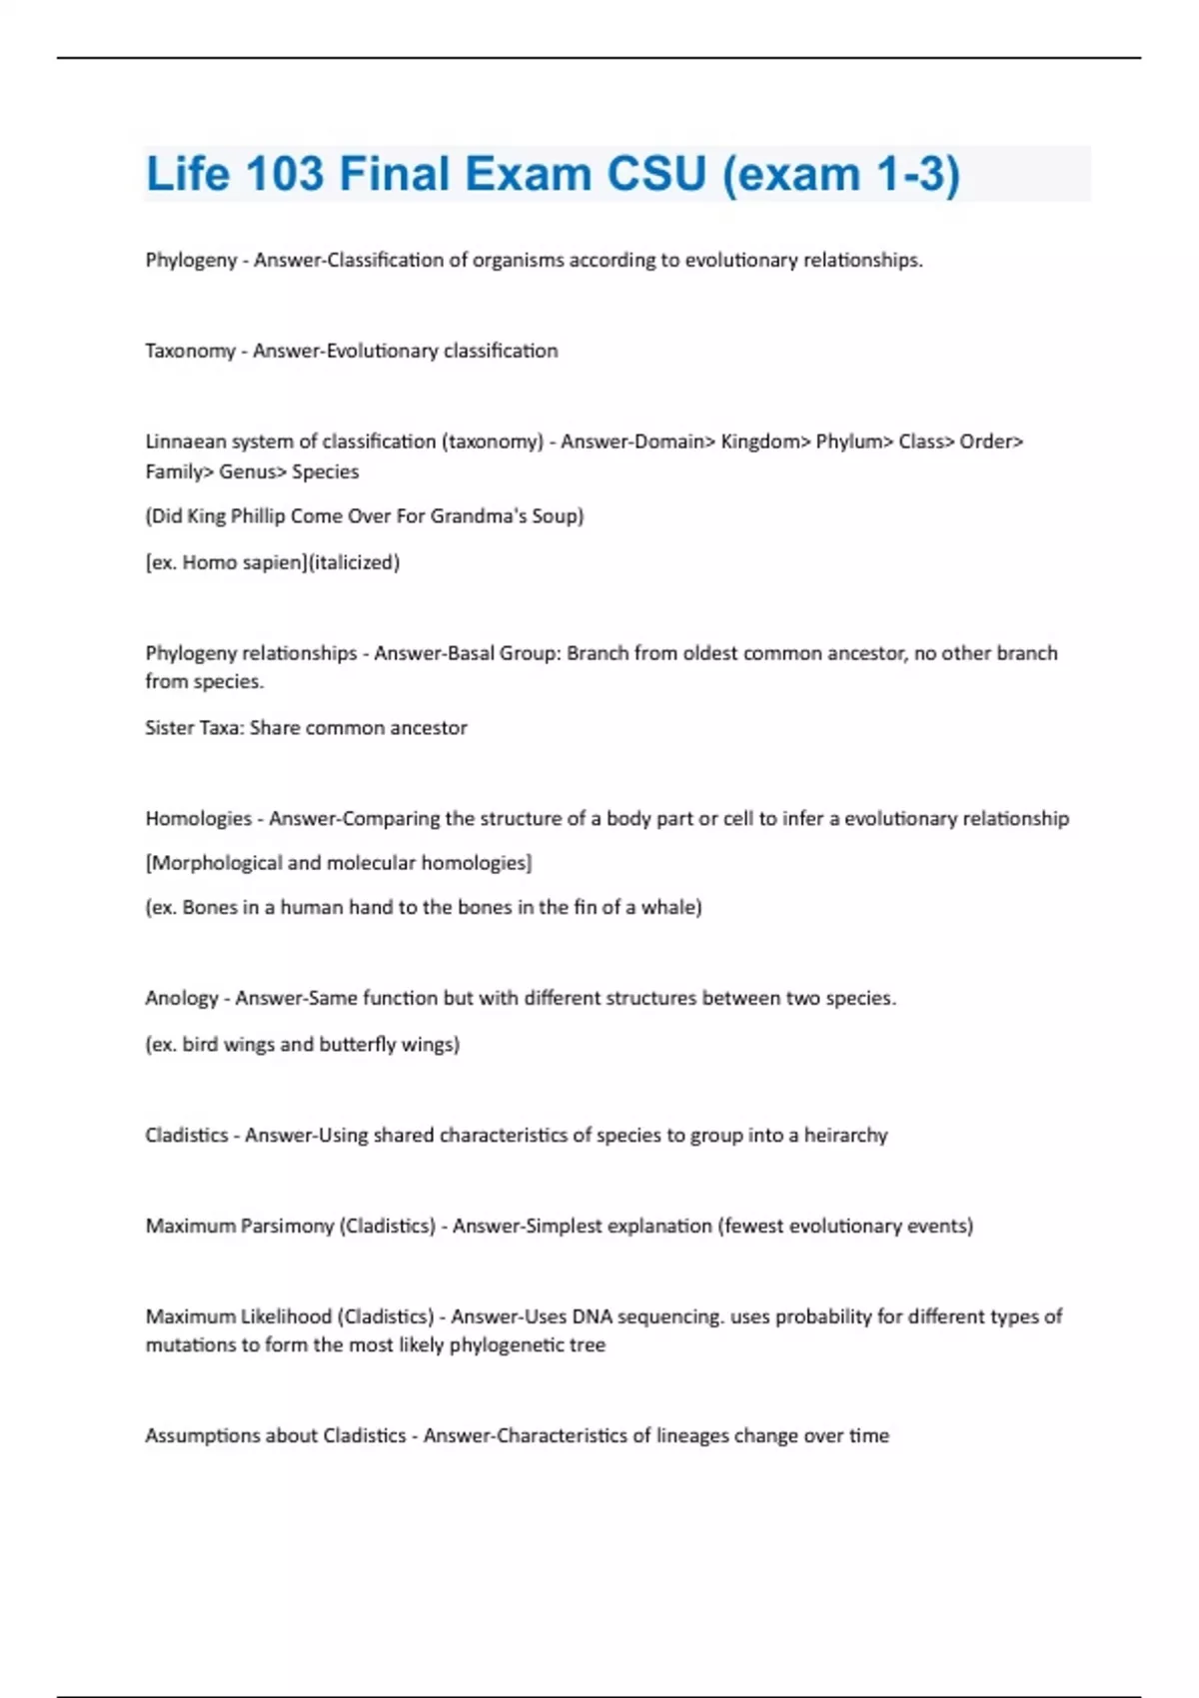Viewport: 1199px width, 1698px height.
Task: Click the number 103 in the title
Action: click(284, 174)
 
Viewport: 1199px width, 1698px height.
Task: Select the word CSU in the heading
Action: click(656, 174)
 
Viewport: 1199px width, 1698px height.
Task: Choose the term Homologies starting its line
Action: click(198, 819)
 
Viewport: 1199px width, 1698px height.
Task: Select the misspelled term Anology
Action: click(181, 998)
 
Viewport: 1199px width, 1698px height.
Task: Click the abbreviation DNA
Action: click(592, 1316)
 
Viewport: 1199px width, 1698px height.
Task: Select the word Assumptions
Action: click(206, 1436)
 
